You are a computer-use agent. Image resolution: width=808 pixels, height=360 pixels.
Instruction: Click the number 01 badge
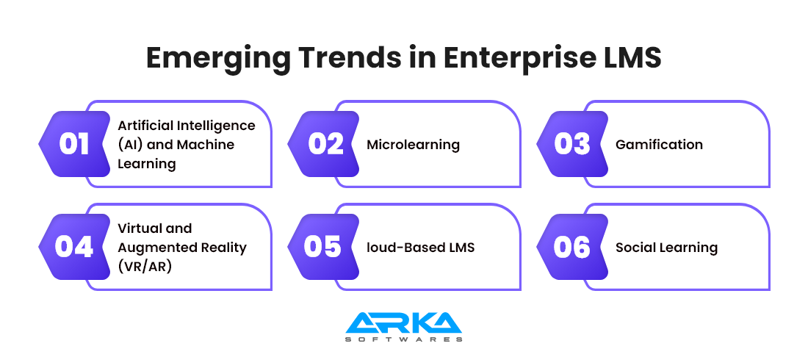(75, 144)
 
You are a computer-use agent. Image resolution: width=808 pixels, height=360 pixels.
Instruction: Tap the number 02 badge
(324, 144)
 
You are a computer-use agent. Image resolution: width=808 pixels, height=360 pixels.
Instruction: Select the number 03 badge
(573, 144)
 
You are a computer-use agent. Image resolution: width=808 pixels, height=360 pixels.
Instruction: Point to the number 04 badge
(75, 247)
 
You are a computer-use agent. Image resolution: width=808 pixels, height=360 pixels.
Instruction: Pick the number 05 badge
(324, 247)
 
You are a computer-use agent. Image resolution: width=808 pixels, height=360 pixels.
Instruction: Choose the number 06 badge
(573, 247)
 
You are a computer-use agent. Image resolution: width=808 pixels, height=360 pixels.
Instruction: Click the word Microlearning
(414, 145)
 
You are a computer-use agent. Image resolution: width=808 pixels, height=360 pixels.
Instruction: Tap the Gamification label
(659, 145)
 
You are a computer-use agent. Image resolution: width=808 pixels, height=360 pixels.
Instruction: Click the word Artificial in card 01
(147, 126)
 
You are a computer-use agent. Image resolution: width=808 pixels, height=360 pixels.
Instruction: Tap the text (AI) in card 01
(129, 145)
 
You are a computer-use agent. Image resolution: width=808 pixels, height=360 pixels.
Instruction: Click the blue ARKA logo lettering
(403, 323)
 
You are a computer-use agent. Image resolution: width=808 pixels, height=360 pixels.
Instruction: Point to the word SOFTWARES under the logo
(403, 339)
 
